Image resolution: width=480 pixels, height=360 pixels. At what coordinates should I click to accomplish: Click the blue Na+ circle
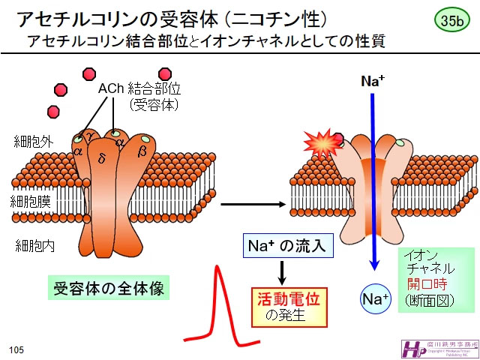coord(375,299)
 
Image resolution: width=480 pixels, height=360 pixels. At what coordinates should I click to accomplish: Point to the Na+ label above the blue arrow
coord(373,82)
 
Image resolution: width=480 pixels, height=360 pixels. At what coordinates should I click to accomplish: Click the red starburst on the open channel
coord(321,141)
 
